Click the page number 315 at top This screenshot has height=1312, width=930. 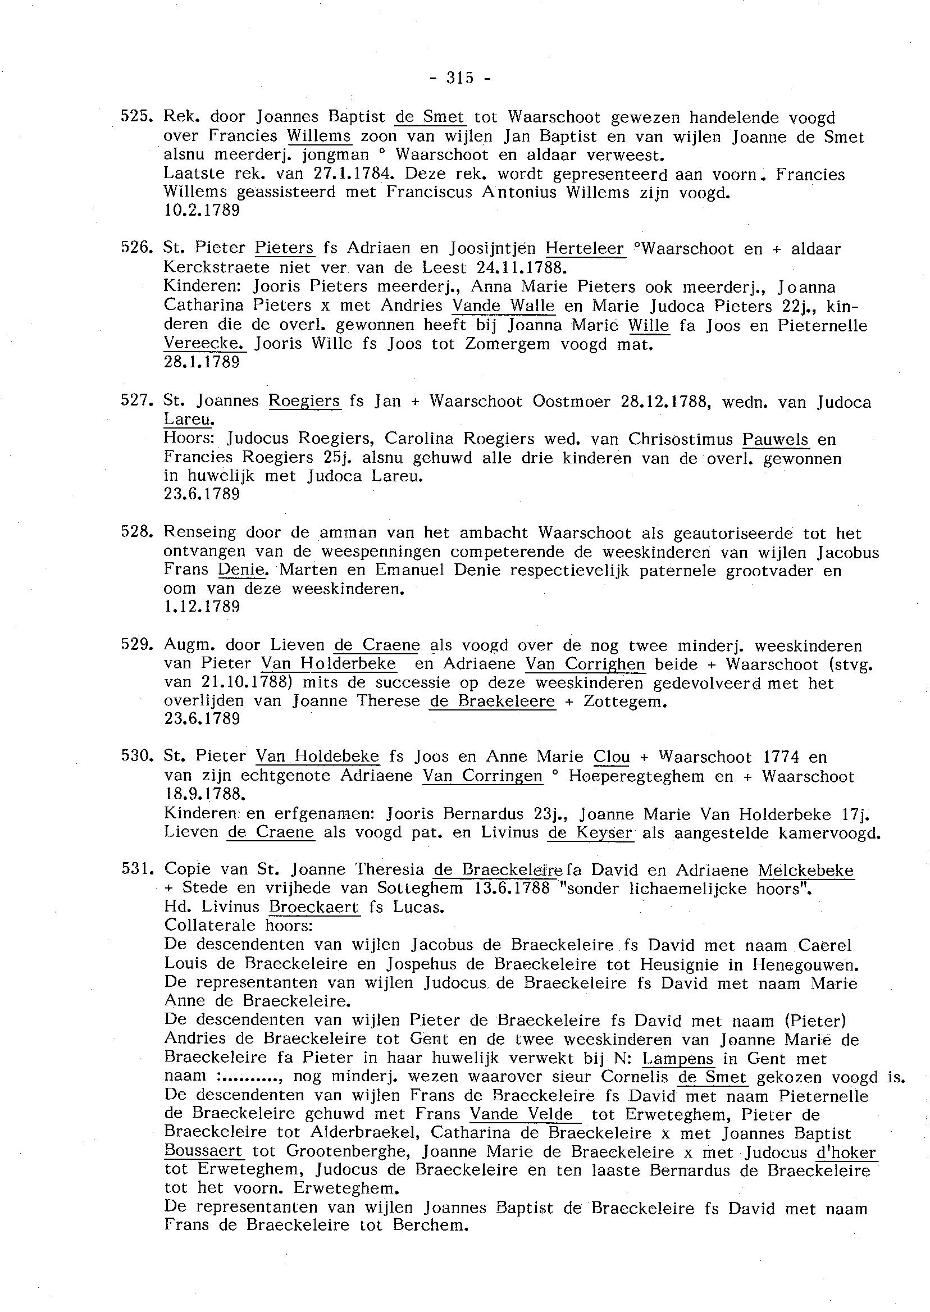(x=459, y=78)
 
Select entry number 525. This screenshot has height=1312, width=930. (x=136, y=117)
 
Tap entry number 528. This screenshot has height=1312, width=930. (x=136, y=532)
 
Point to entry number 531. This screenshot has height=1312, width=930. (x=136, y=869)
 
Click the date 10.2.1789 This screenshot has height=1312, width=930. (x=202, y=211)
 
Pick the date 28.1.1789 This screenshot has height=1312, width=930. (x=202, y=362)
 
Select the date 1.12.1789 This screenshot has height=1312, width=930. (x=202, y=607)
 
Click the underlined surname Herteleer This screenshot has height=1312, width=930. (x=584, y=249)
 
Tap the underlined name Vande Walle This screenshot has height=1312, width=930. (x=503, y=307)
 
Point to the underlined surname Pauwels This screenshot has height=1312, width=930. (x=775, y=439)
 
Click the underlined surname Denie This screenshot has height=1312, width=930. (x=241, y=571)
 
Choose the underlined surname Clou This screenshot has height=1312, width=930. (x=612, y=757)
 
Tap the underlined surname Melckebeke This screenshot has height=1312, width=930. (x=805, y=871)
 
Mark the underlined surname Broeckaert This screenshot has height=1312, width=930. (x=314, y=908)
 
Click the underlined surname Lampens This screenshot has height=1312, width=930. (x=678, y=1059)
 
